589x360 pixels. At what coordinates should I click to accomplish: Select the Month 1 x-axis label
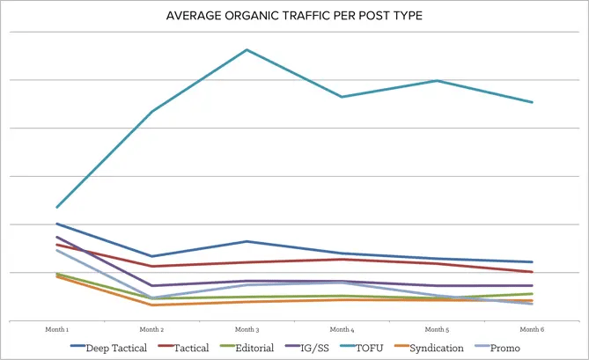57,328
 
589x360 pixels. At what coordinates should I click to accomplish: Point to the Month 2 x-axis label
152,328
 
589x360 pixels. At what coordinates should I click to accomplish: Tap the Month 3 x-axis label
247,328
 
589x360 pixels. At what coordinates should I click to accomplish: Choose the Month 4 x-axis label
342,328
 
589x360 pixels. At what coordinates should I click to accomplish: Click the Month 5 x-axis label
437,328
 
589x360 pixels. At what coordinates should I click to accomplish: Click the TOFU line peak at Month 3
247,49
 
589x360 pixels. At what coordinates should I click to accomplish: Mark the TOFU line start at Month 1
57,207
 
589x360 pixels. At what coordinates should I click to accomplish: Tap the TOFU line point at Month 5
437,81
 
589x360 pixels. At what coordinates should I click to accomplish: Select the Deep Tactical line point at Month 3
247,241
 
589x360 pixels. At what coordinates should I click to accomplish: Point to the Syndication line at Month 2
152,305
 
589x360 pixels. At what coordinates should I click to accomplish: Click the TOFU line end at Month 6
532,102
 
